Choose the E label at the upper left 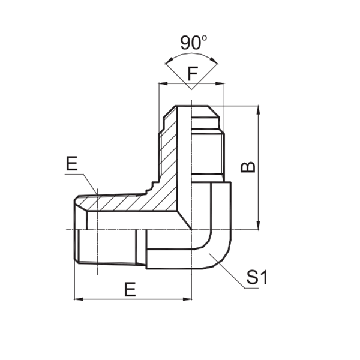click(x=71, y=164)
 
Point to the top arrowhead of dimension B click(x=258, y=111)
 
